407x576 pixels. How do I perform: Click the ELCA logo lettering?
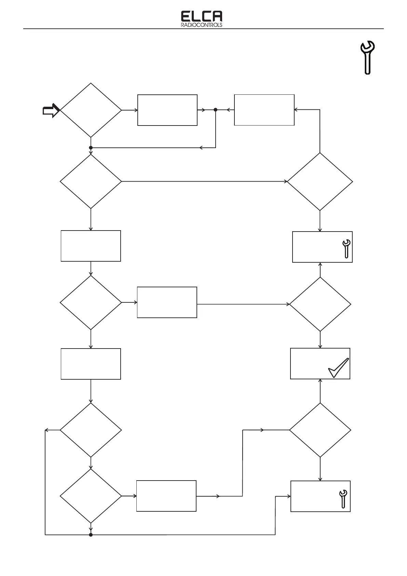201,16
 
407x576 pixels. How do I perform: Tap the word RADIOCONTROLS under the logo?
201,25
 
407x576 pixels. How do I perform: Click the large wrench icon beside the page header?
368,57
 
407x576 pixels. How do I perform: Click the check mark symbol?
338,368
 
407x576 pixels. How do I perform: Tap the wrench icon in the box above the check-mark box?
346,248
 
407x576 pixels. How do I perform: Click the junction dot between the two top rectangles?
215,110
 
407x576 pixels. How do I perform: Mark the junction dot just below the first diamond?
91,148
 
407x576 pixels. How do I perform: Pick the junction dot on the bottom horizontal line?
91,535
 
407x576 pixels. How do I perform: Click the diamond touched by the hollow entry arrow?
91,110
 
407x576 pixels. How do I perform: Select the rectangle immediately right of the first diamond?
167,110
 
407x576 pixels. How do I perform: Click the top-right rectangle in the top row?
264,110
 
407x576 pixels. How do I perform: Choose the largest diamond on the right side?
320,181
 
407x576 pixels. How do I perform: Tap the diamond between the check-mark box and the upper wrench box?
320,304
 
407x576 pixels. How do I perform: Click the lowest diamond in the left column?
91,496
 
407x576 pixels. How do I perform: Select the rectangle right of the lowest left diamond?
166,496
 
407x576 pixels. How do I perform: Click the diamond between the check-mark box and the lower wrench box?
320,430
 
